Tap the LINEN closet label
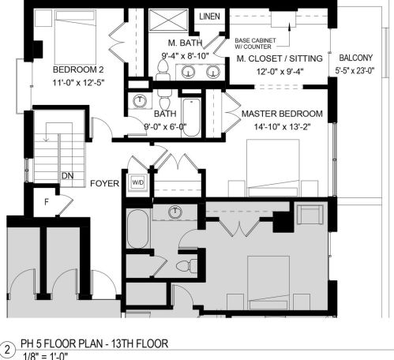click(209, 17)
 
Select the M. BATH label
click(186, 42)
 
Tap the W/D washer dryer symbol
click(137, 181)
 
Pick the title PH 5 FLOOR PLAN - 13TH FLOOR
click(96, 345)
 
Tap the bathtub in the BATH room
click(192, 116)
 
